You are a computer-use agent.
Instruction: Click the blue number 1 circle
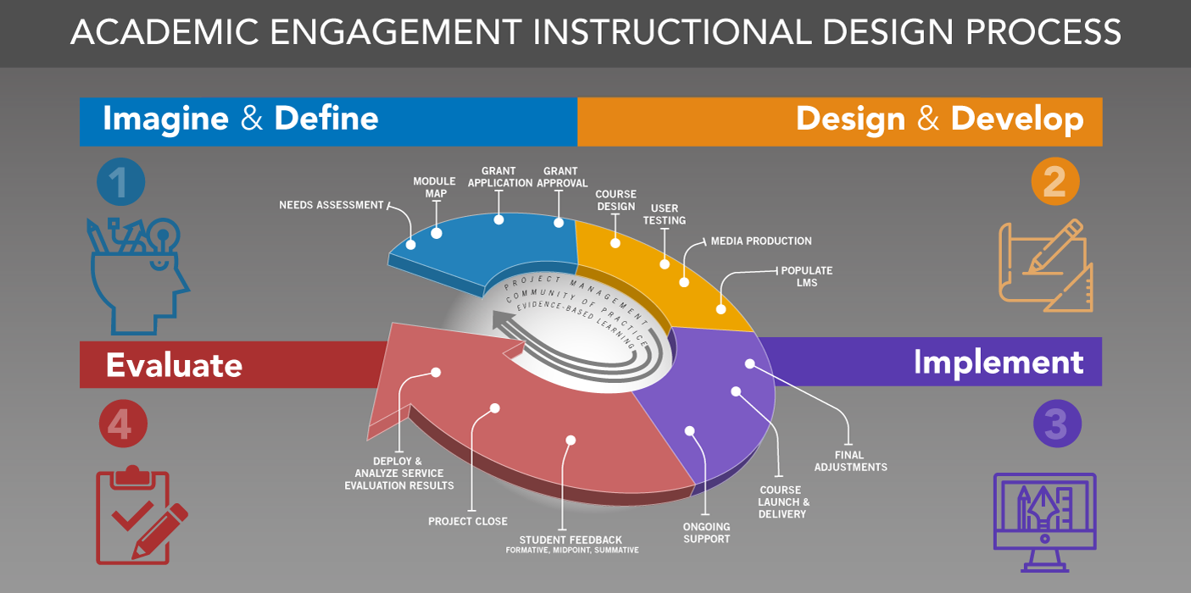tap(120, 184)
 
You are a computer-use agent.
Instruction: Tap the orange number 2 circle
tap(1055, 182)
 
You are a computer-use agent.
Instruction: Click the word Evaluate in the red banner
tap(174, 365)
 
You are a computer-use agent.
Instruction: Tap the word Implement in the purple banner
tap(998, 362)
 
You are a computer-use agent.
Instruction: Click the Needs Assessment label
tap(331, 205)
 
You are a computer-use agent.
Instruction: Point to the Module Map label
tap(430, 187)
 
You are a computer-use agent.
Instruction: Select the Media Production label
tap(761, 241)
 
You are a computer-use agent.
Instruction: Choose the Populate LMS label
tap(806, 276)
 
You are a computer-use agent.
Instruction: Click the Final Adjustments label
tap(850, 461)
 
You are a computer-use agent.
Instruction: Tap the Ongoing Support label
tap(706, 533)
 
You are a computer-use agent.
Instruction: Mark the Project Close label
tap(468, 521)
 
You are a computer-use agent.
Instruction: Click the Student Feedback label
tap(571, 540)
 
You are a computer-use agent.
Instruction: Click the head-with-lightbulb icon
tap(136, 275)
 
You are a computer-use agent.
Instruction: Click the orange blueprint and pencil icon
tap(1045, 264)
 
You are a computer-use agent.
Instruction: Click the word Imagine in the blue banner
tap(165, 119)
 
